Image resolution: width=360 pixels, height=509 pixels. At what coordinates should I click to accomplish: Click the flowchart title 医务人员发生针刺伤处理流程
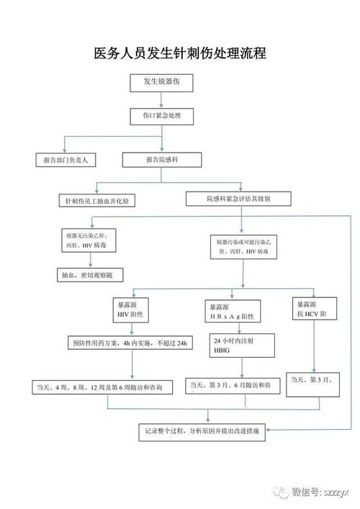click(x=180, y=54)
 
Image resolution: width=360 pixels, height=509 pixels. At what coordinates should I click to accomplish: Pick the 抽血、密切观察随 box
click(x=91, y=275)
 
